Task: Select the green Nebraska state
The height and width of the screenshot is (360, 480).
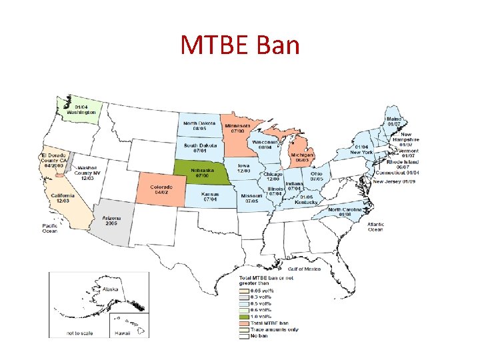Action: click(199, 173)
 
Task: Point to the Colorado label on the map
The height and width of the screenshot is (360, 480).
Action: click(161, 189)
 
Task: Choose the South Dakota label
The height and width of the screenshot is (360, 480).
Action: click(199, 148)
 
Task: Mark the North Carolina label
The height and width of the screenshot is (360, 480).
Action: click(345, 212)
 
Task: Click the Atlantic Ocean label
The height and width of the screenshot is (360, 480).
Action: click(375, 227)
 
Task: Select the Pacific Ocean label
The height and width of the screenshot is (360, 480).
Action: click(50, 228)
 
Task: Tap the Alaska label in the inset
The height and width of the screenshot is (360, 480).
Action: click(111, 289)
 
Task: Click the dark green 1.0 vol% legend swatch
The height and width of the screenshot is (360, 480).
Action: click(243, 316)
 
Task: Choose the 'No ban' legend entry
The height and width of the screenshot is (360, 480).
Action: click(259, 336)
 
